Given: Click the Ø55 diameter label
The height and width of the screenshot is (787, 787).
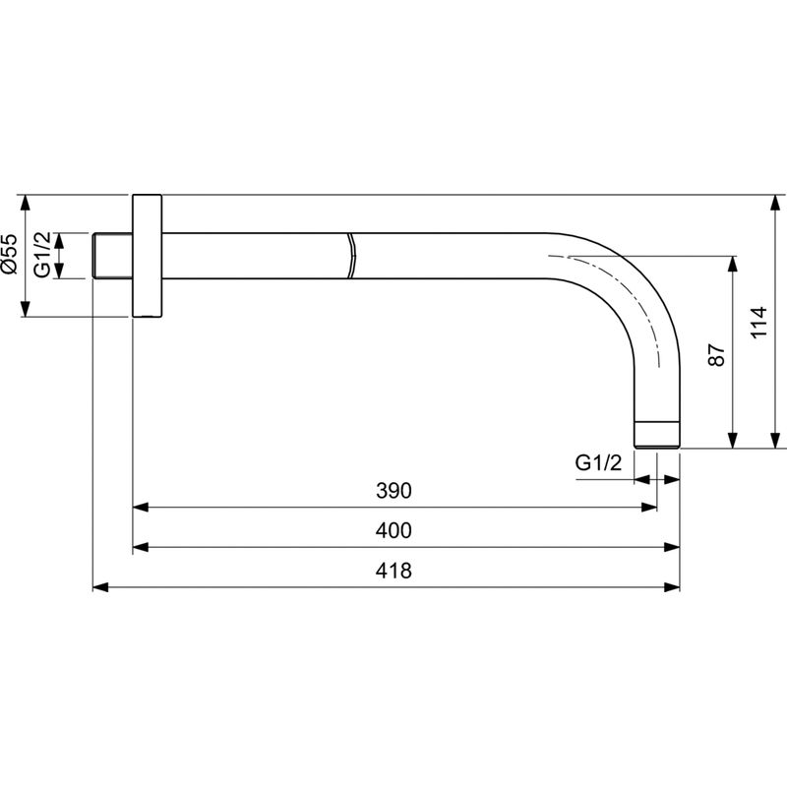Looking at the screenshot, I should (9, 254).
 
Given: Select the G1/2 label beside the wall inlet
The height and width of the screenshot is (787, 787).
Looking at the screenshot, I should (42, 255).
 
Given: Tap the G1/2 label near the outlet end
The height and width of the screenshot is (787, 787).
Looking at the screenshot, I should (599, 462).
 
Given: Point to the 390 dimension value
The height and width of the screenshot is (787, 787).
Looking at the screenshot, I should (393, 490).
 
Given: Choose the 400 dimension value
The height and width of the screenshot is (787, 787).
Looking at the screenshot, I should (393, 530).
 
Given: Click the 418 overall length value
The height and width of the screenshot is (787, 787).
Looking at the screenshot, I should (393, 571).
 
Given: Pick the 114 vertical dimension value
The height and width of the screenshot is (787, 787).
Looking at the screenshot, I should (757, 322).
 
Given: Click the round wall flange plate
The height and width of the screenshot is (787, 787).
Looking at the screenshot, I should (147, 255).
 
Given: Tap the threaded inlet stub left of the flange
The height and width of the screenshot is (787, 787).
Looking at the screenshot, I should (111, 256).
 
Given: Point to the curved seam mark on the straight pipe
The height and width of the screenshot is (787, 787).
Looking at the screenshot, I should (349, 256).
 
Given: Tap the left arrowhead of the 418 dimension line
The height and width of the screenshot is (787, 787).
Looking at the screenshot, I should (99, 587).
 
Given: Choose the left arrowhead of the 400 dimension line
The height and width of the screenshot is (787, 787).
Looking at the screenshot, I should (141, 547).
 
